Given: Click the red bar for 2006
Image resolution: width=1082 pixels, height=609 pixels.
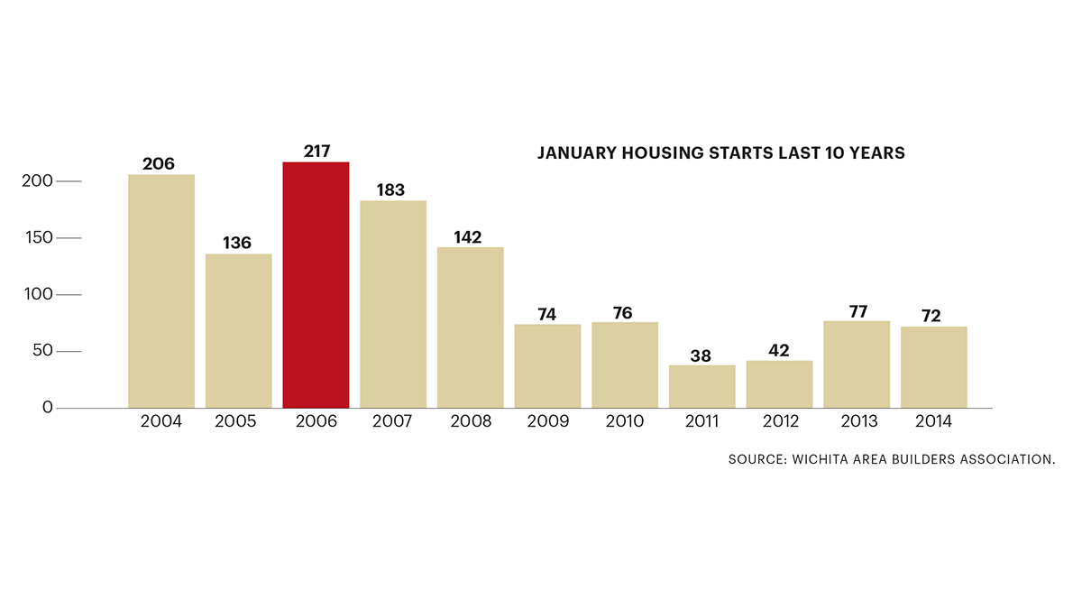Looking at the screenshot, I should pos(316,285).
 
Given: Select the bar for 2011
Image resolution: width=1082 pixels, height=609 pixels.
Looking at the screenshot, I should pos(702,386).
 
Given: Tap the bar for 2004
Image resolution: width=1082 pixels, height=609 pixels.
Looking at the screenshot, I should pos(161,291).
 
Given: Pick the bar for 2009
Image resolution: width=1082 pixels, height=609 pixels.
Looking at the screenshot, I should pos(547,365).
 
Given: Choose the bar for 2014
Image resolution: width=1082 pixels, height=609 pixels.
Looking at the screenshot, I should pos(934,367).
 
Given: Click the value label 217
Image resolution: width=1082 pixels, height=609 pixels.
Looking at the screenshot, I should pos(316,152).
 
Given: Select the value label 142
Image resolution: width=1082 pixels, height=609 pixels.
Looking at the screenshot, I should pos(467,237).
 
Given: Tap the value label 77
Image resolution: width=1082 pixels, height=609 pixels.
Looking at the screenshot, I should pos(857,311).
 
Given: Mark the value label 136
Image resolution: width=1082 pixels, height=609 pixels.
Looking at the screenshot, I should pos(238,244).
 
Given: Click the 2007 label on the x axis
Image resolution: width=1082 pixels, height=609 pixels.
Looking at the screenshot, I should pos(393,422).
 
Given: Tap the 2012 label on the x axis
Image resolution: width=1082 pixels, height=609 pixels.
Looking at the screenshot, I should pos(780,422).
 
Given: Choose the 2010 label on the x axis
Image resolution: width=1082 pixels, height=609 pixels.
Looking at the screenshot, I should pos(625,422).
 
